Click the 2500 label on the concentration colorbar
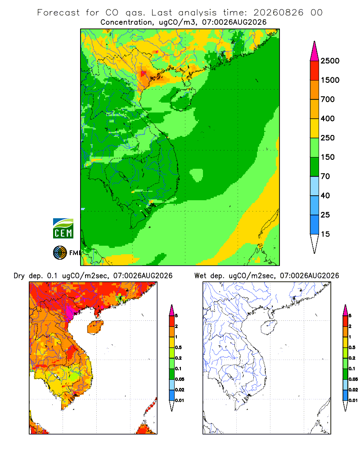click(x=330, y=61)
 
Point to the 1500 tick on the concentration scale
click(x=330, y=80)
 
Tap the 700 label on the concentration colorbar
click(x=328, y=99)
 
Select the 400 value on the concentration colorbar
click(x=328, y=118)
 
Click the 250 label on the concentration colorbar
click(x=328, y=138)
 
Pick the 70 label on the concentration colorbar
click(x=325, y=176)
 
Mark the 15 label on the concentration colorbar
click(x=325, y=234)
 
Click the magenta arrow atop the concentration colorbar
click(x=315, y=51)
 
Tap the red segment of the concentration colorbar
click(x=315, y=71)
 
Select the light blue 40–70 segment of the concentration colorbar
click(x=315, y=186)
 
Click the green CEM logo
click(x=63, y=229)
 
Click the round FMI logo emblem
click(x=60, y=253)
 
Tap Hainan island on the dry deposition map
click(x=95, y=328)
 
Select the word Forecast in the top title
click(x=58, y=13)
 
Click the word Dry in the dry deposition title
click(x=19, y=276)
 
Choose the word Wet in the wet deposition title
click(x=200, y=276)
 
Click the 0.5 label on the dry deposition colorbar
click(x=178, y=347)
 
